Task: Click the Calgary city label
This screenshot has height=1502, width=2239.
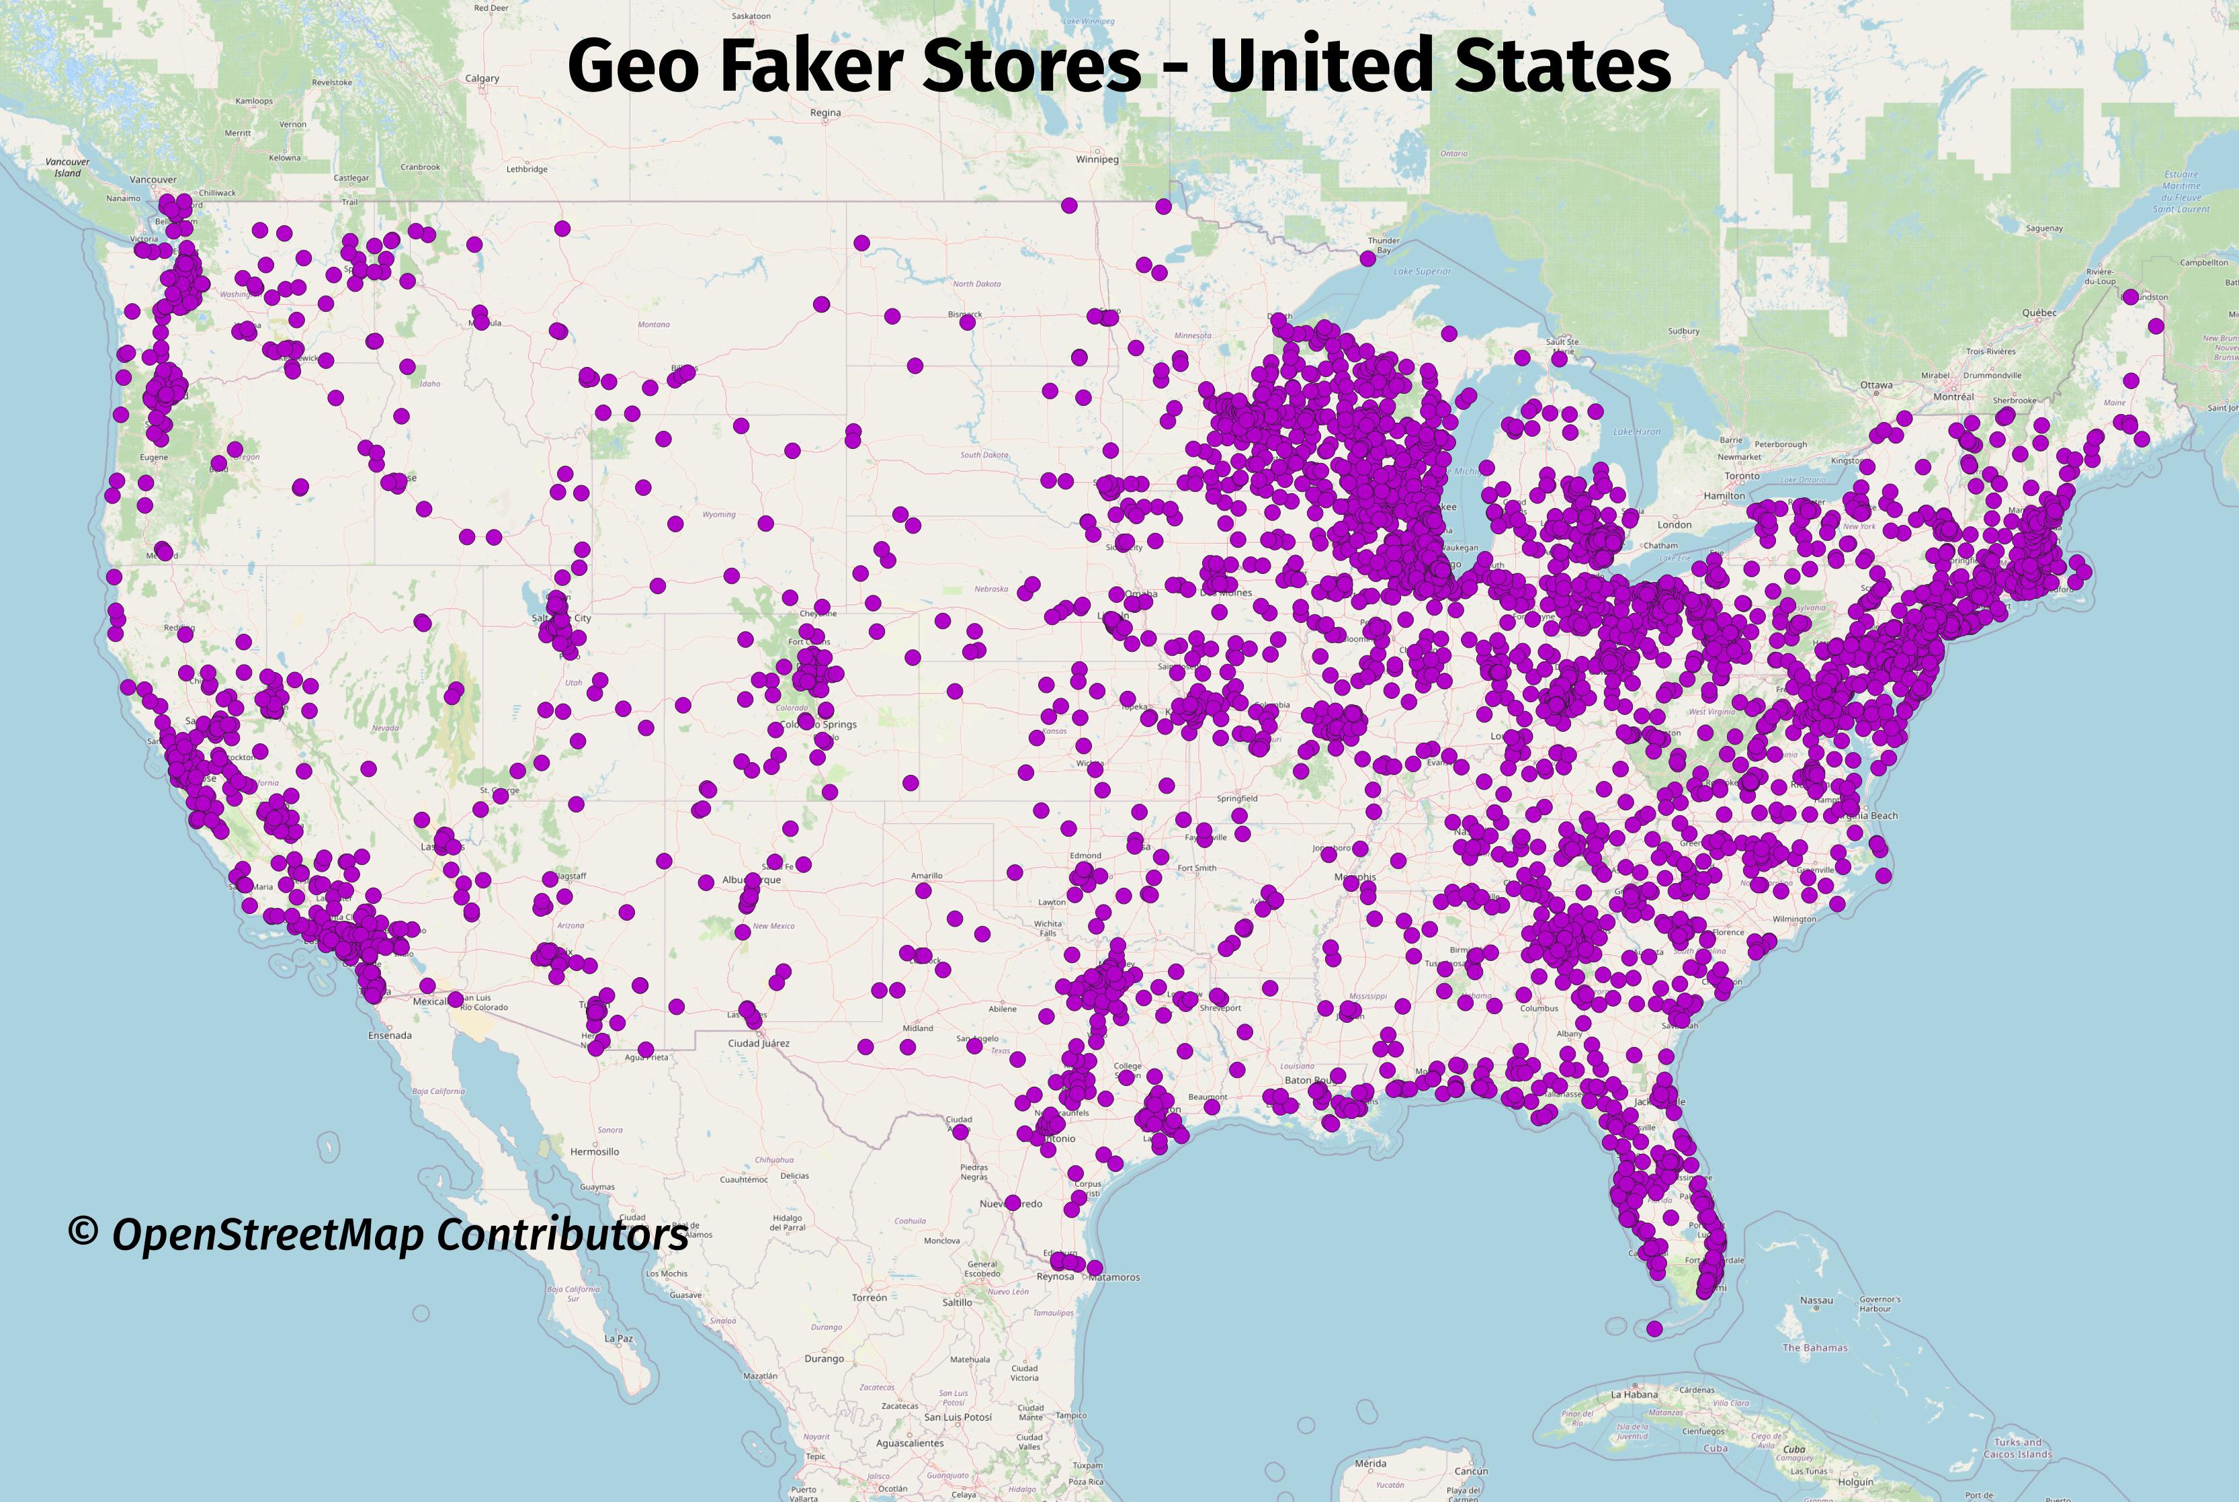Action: tap(482, 79)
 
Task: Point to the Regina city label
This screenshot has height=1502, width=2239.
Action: tap(825, 112)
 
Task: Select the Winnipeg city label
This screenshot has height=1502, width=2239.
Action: tap(1097, 159)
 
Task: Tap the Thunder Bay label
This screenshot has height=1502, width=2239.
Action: tap(1384, 245)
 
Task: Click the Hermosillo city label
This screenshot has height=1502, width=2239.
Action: tap(594, 1151)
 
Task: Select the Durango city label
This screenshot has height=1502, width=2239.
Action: tap(824, 1358)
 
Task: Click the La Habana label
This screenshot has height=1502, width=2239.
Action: tap(1634, 1394)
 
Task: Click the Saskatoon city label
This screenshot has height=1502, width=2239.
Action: tap(750, 16)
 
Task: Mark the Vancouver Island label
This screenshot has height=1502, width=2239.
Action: tap(67, 167)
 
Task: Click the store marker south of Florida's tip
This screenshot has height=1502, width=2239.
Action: tap(1654, 1328)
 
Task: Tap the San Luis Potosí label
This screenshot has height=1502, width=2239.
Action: tap(957, 1417)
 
